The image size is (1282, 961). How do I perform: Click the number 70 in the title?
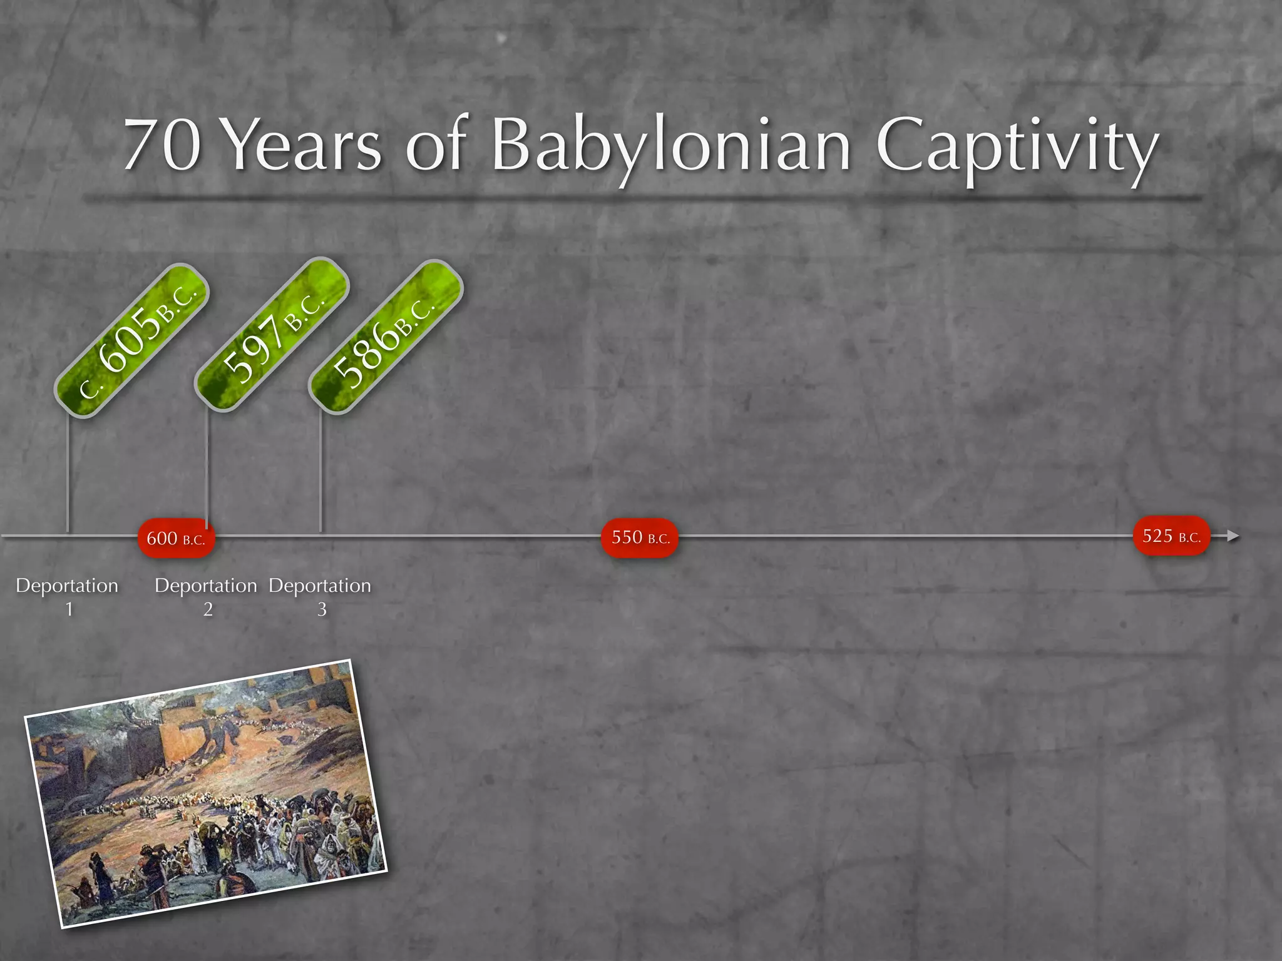(162, 146)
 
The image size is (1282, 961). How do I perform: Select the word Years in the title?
(302, 146)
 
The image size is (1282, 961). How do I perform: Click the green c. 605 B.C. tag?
(131, 340)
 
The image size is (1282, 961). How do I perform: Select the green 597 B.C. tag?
(272, 335)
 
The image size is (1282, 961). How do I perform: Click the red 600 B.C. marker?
(176, 538)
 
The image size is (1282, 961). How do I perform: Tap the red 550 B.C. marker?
(640, 537)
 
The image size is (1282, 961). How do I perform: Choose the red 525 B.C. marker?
(1171, 536)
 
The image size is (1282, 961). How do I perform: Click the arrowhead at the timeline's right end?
(1233, 536)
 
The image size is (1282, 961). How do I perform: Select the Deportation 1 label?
(67, 596)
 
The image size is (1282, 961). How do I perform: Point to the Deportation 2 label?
(206, 596)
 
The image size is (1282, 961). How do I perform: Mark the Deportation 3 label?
(320, 596)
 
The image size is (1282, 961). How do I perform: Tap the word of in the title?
(436, 146)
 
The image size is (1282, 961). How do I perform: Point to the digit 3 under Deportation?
(322, 609)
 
